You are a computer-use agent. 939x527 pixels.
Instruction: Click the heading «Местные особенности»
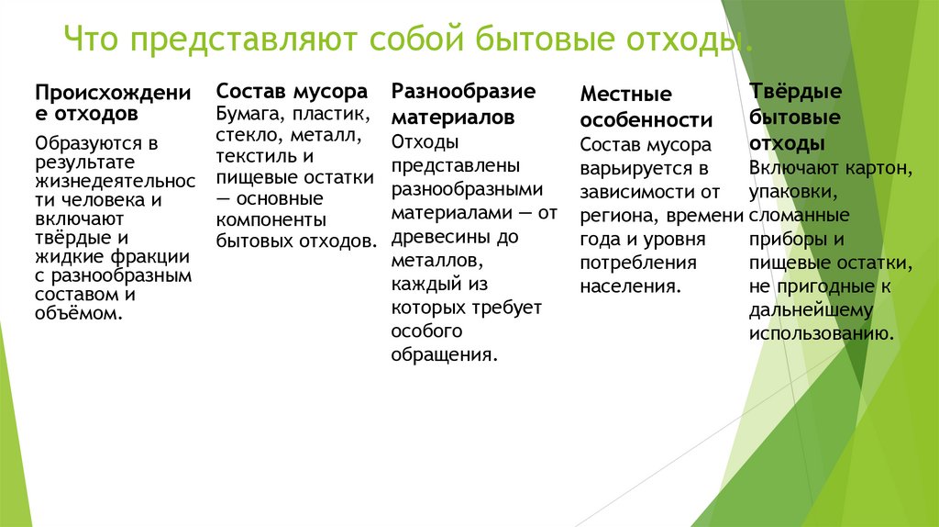coord(646,107)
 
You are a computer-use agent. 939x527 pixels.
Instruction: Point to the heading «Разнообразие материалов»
coord(462,104)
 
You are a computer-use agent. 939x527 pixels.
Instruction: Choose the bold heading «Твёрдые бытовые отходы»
coord(795,118)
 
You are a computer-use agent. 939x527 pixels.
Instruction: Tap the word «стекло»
coord(244,135)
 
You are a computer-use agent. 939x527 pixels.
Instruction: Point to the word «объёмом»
coord(77,313)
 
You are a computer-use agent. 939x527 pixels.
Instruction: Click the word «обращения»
coord(444,354)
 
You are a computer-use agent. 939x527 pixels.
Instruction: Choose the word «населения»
coord(629,286)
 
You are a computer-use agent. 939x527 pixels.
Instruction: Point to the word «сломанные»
coord(799,215)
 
